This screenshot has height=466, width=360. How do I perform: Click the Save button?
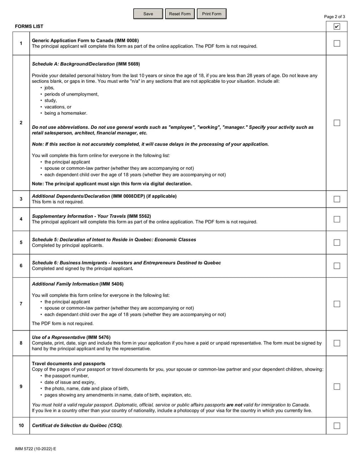[148, 14]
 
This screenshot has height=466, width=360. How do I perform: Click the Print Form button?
[211, 14]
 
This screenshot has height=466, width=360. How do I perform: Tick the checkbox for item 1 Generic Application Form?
[337, 44]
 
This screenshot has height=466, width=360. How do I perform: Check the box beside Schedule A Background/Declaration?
[337, 123]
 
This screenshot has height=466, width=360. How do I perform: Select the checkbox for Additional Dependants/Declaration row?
[337, 199]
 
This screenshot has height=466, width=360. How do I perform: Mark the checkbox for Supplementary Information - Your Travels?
[337, 219]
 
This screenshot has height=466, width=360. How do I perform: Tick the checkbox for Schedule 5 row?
[337, 243]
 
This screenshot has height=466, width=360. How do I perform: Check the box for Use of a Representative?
[337, 343]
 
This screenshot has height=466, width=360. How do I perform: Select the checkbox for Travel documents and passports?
[337, 386]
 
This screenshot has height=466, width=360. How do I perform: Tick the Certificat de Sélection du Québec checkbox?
[337, 425]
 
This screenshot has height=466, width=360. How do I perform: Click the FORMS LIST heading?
[29, 27]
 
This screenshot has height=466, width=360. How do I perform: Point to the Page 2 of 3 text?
[334, 17]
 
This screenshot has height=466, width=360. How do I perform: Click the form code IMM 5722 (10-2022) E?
[32, 449]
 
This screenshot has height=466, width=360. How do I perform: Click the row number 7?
[21, 303]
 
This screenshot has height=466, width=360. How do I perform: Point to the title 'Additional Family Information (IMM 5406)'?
[77, 284]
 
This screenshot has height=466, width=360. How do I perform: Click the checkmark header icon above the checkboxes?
[337, 27]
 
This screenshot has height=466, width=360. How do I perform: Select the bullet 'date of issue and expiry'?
[70, 382]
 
